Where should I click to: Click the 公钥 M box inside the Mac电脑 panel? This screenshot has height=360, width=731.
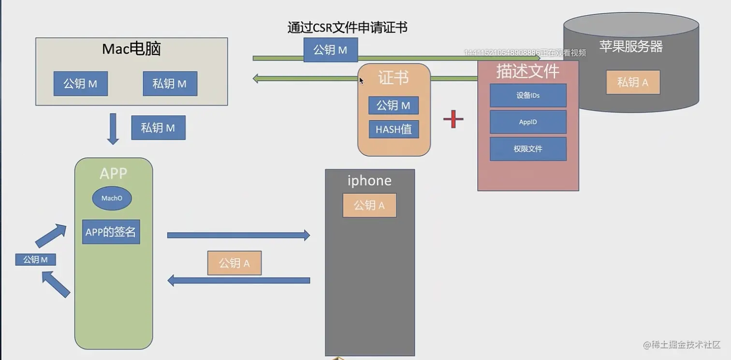(80, 84)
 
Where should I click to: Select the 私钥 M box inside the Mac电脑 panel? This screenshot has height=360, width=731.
(170, 84)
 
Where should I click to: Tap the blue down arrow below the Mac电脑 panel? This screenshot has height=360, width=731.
(113, 129)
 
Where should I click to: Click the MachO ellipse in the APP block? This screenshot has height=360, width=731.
(112, 198)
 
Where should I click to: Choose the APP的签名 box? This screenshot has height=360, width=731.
(111, 232)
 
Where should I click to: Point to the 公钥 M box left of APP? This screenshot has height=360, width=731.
(35, 259)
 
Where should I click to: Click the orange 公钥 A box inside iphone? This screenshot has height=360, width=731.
(369, 205)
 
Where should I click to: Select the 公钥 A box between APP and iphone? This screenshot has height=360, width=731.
(234, 263)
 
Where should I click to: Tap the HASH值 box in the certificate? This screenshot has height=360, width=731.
(394, 130)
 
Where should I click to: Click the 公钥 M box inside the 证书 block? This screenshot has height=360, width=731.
(394, 105)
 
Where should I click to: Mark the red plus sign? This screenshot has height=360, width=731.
(453, 119)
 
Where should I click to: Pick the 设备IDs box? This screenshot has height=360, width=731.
(528, 96)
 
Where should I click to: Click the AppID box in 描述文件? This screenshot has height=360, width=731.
(528, 122)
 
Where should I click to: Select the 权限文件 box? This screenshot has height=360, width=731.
(528, 149)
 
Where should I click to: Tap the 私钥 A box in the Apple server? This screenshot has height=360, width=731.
(632, 82)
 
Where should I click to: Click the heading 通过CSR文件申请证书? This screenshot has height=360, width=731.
(347, 28)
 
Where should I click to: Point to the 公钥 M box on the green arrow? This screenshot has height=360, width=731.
(331, 50)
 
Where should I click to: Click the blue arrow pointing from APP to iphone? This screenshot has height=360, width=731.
(238, 235)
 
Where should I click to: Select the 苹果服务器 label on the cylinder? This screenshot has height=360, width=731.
(631, 46)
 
